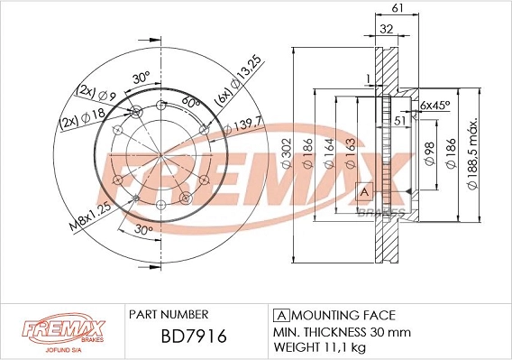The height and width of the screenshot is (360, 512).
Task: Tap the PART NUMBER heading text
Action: coord(169,315)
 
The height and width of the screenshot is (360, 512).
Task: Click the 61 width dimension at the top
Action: coord(397,9)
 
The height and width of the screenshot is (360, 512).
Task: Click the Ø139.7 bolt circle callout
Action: coord(244,128)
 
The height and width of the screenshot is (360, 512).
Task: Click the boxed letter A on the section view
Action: coord(365,191)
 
